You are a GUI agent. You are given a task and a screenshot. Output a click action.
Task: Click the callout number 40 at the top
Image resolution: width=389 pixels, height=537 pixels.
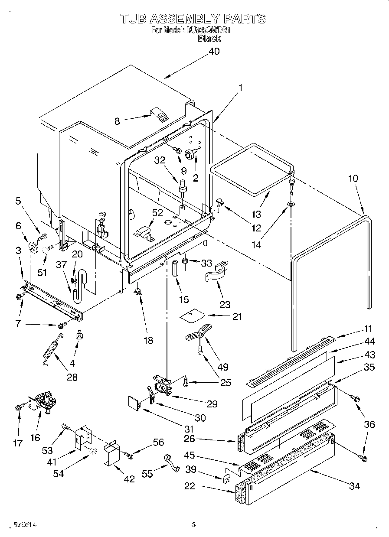214,51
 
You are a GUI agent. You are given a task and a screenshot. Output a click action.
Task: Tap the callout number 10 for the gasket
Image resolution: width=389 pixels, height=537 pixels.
353,178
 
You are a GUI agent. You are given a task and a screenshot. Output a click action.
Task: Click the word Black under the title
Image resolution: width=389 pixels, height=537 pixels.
209,39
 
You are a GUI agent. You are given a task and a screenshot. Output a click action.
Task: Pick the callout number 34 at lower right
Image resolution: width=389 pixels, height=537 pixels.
354,486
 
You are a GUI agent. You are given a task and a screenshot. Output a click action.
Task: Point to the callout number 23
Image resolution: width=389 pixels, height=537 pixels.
225,305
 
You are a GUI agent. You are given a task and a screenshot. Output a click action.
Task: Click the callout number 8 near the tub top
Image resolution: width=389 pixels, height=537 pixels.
117,122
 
